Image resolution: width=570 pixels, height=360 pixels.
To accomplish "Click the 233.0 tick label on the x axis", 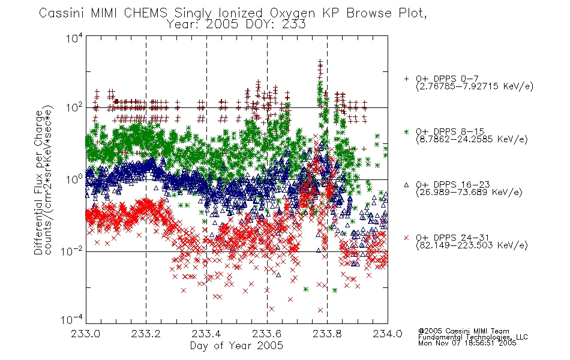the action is (86, 334).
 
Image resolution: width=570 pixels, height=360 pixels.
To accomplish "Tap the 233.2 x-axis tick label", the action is (146, 334).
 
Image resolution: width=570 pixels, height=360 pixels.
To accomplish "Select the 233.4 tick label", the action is (206, 334).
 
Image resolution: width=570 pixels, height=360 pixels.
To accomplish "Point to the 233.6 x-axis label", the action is (267, 334).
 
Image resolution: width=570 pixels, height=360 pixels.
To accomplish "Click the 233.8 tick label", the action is (327, 334).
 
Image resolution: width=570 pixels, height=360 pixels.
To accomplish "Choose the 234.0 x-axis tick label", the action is (388, 334).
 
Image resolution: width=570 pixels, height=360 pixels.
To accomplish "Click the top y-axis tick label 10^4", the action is (74, 38).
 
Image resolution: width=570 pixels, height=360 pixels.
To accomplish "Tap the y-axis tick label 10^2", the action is (74, 108).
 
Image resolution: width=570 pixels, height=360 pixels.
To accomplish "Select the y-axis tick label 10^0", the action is (74, 179).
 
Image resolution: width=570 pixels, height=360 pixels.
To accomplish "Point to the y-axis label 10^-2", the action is (72, 251).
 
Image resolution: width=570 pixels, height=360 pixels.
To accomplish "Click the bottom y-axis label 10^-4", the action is (72, 320).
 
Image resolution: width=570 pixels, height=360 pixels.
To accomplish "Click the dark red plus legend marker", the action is (406, 79).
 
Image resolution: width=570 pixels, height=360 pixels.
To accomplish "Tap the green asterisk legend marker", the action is (406, 131).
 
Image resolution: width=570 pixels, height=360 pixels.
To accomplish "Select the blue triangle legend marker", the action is (406, 185).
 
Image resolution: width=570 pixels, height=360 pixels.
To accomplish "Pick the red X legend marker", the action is (406, 238).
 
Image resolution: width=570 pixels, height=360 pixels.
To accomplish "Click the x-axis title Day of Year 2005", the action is (236, 346).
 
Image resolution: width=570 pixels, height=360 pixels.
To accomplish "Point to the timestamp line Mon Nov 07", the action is (467, 343).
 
